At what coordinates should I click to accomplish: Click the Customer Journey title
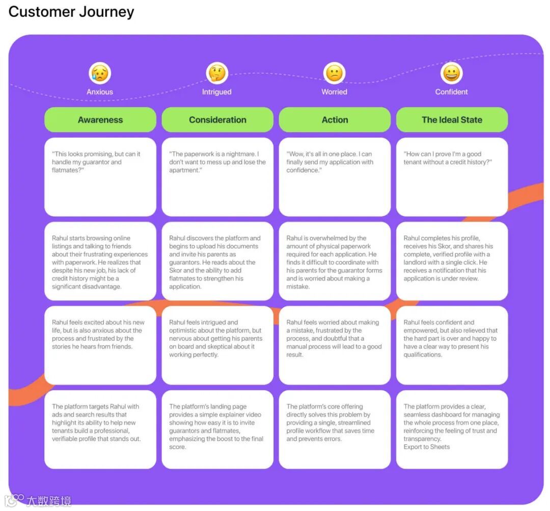[71, 12]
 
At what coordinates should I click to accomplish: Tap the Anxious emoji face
[100, 73]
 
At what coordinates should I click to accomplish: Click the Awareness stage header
[100, 120]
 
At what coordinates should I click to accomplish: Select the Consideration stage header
[217, 120]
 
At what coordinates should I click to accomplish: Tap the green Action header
[335, 120]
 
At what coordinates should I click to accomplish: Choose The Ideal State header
[452, 120]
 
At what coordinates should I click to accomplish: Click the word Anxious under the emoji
[100, 92]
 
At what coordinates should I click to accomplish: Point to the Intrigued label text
[217, 92]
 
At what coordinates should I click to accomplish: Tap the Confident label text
[451, 92]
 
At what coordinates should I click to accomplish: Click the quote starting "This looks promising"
[96, 162]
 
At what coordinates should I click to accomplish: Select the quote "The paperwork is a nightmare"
[217, 162]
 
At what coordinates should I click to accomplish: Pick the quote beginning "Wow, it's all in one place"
[329, 162]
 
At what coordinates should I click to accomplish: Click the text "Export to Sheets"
[427, 447]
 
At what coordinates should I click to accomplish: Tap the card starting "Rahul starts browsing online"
[100, 262]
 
